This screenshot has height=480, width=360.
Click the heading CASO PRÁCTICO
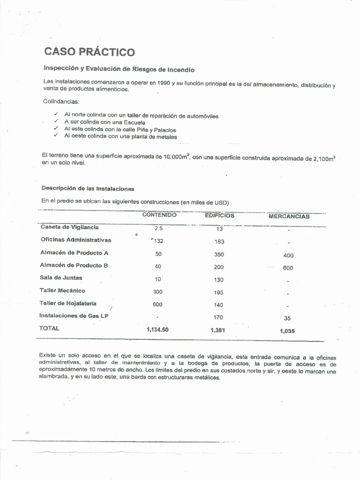click(x=89, y=52)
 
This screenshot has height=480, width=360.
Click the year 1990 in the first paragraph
click(x=164, y=83)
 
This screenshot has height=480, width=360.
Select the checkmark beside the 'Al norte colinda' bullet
click(x=56, y=114)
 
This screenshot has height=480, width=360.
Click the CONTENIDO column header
click(x=159, y=215)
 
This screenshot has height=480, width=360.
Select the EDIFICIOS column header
click(x=219, y=216)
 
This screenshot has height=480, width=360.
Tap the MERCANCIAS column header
click(x=289, y=217)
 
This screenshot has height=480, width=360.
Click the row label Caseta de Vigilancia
click(x=70, y=227)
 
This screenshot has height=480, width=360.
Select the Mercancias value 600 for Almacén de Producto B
click(x=287, y=268)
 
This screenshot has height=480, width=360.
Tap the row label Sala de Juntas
click(x=61, y=277)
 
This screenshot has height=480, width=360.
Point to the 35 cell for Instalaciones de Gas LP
click(x=287, y=318)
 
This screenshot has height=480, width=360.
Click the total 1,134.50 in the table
click(x=157, y=330)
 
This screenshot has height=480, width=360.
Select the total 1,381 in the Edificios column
click(x=218, y=330)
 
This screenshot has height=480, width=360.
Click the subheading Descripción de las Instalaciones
click(x=88, y=188)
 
